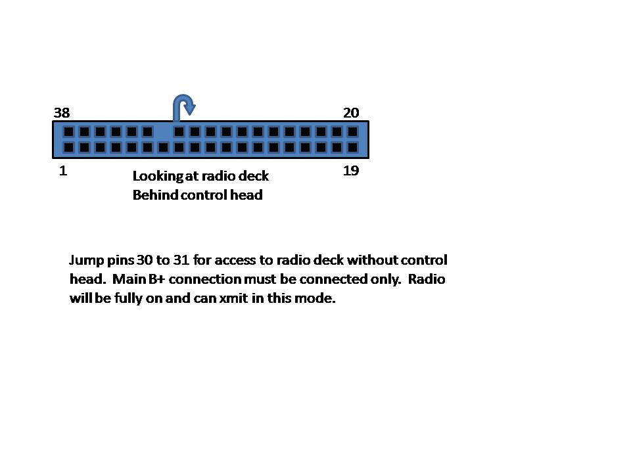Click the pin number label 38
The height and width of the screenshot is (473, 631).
click(x=62, y=112)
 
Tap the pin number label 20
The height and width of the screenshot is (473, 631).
click(x=351, y=112)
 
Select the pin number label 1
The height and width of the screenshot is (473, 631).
click(x=63, y=171)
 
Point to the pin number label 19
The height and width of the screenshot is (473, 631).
click(x=351, y=171)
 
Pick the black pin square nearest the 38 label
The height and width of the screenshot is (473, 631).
click(x=69, y=131)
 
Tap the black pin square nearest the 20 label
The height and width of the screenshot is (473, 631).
click(x=352, y=131)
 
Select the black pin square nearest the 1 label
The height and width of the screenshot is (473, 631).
click(x=69, y=147)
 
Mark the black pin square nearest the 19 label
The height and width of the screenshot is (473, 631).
click(x=352, y=147)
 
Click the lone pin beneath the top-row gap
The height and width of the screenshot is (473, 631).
click(x=164, y=147)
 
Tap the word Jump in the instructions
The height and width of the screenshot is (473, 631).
click(x=87, y=260)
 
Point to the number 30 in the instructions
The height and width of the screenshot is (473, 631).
click(x=144, y=260)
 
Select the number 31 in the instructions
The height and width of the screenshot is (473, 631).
click(x=181, y=260)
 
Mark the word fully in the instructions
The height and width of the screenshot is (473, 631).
click(x=128, y=298)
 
